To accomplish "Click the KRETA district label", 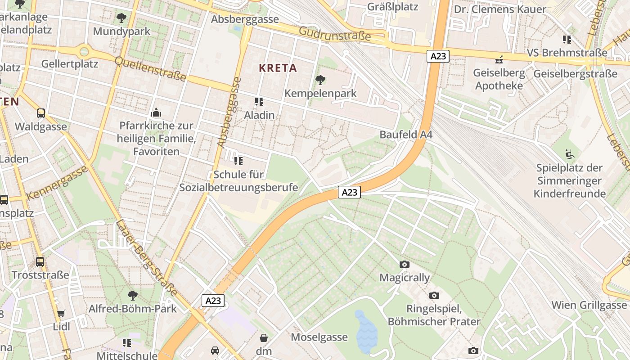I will click(278, 68).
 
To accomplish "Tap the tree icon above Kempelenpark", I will click(320, 80).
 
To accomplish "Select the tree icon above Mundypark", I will click(121, 18).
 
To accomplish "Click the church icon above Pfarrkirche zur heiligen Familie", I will click(156, 112).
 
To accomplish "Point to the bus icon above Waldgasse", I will click(40, 113).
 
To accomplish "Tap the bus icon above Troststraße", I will click(40, 261).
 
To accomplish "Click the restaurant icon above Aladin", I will click(259, 102).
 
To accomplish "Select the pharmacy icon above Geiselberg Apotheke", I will click(499, 59).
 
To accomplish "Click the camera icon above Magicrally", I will click(404, 264).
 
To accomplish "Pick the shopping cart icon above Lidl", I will click(61, 313).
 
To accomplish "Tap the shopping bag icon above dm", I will click(264, 337).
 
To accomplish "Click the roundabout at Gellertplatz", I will click(84, 51).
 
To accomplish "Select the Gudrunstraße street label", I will click(335, 33).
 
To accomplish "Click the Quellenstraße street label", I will click(150, 69).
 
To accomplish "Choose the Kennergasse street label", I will click(57, 183).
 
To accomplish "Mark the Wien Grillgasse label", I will click(589, 305).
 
